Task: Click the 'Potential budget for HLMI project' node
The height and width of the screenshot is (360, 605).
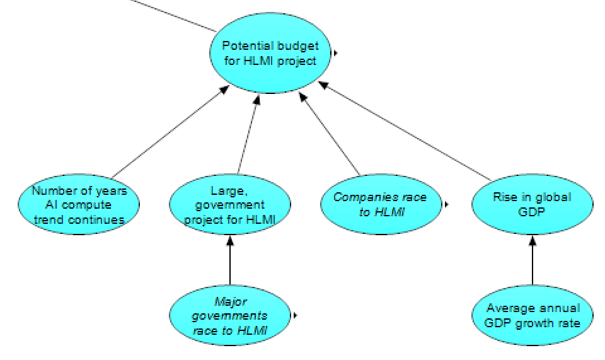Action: pos(270,54)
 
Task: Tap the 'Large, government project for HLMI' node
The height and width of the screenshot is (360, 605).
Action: pos(229,205)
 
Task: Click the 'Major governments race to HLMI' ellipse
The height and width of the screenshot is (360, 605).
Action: pos(229,315)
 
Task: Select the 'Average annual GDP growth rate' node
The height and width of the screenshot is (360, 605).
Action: pos(532,315)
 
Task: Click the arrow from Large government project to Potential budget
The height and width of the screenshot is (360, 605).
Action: pos(246,136)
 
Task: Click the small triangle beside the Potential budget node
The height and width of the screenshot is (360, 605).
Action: pos(335,54)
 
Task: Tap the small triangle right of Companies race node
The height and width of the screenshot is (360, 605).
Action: pos(446,204)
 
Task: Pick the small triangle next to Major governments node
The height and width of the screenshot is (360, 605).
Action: pos(294,315)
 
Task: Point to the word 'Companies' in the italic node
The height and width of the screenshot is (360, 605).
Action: pos(362,197)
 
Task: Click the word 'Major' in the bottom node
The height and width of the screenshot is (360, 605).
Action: pos(229,301)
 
